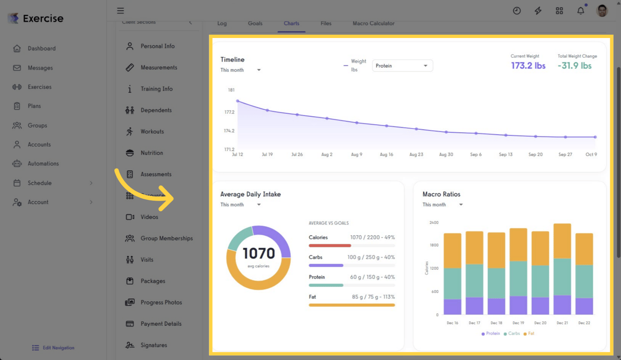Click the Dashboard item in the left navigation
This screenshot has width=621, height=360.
(x=41, y=48)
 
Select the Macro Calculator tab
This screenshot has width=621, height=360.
(x=373, y=23)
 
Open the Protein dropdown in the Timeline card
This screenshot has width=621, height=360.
(x=402, y=66)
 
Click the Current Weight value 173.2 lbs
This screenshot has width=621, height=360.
(x=528, y=66)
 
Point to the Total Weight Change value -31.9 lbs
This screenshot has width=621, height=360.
(x=575, y=66)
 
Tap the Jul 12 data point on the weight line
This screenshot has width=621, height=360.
(x=238, y=101)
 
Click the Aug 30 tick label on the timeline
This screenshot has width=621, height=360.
(x=446, y=154)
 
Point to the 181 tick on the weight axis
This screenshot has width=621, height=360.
(x=231, y=90)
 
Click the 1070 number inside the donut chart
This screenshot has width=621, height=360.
(x=259, y=254)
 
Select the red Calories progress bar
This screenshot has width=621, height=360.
(x=329, y=246)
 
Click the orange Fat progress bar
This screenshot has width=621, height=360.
(x=352, y=305)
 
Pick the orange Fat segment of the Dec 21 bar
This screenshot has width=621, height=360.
(x=562, y=240)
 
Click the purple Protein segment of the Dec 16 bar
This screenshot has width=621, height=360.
(x=452, y=307)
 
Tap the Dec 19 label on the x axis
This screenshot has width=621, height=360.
(x=518, y=323)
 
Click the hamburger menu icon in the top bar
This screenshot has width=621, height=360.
(x=120, y=11)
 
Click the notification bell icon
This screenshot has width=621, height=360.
(x=580, y=11)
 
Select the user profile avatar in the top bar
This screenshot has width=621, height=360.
(x=602, y=11)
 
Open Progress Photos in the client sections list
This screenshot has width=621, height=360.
(x=161, y=302)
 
